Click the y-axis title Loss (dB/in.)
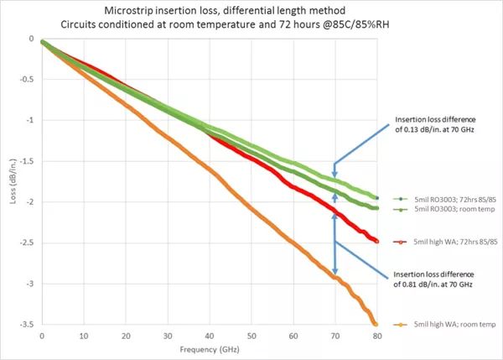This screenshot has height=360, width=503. click(x=12, y=180)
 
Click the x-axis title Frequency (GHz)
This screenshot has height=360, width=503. click(x=209, y=347)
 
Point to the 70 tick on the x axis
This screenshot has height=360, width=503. click(x=335, y=333)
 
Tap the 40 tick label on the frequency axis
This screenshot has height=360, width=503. click(x=210, y=333)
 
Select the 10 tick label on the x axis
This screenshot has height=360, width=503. click(x=84, y=333)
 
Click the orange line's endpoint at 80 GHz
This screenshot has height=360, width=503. click(x=376, y=324)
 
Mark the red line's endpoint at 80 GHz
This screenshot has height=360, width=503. click(x=376, y=242)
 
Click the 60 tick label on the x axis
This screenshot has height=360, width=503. click(x=293, y=333)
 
